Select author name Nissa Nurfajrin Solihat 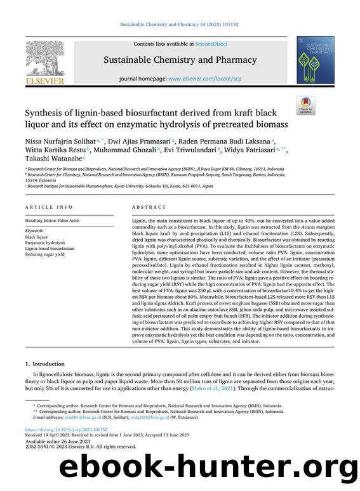pos(58,141)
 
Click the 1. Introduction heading pos(44,364)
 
